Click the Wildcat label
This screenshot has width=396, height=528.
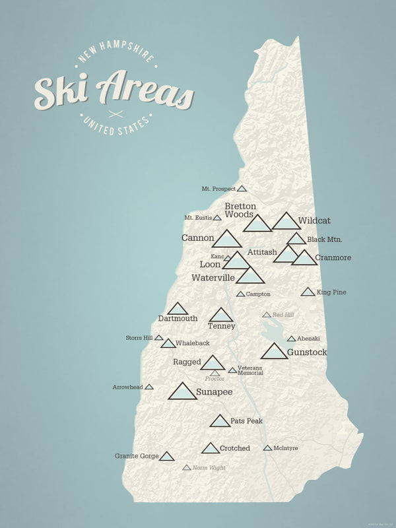[313, 220]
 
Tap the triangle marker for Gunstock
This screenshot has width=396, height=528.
[274, 352]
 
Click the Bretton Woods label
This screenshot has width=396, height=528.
[240, 210]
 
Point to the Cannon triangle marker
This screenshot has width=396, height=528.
[226, 240]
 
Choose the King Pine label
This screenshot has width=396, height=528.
[331, 292]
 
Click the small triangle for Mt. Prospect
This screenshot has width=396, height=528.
[242, 189]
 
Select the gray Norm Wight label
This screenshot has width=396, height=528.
[209, 468]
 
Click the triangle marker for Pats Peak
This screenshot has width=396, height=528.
[220, 422]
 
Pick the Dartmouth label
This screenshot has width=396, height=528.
[178, 319]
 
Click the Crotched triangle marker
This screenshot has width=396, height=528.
[211, 449]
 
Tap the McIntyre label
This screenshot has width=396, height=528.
[286, 448]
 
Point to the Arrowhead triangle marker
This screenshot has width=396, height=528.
[149, 387]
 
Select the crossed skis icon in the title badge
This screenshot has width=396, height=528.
[115, 114]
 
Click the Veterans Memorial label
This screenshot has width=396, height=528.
[250, 370]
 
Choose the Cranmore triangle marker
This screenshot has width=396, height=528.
[304, 258]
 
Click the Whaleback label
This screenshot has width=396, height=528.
[193, 344]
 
